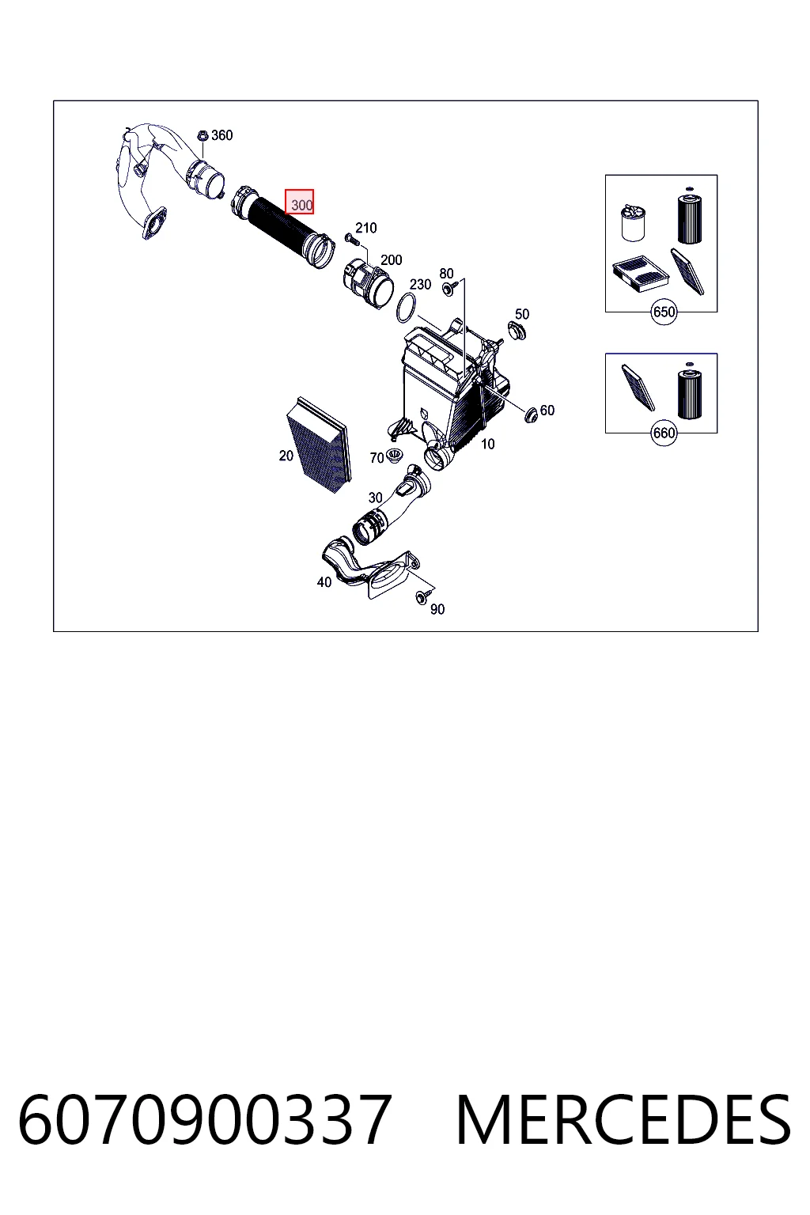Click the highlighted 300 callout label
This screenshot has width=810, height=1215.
tap(300, 202)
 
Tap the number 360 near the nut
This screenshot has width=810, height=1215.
tap(222, 135)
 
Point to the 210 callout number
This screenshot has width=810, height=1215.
tap(366, 228)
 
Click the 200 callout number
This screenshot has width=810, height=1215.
tap(392, 260)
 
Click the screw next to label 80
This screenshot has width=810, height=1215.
tap(449, 288)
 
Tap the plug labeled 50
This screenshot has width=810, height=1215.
tap(517, 331)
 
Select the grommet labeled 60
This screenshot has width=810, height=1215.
tap(531, 414)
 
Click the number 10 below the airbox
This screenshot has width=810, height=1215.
tap(488, 445)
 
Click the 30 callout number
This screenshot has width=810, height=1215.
tap(376, 498)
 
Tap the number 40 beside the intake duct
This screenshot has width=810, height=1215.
tap(324, 582)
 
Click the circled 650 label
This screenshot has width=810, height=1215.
tap(664, 312)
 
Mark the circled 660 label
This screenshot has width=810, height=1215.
tap(664, 433)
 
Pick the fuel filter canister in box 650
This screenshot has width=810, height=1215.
tap(632, 222)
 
